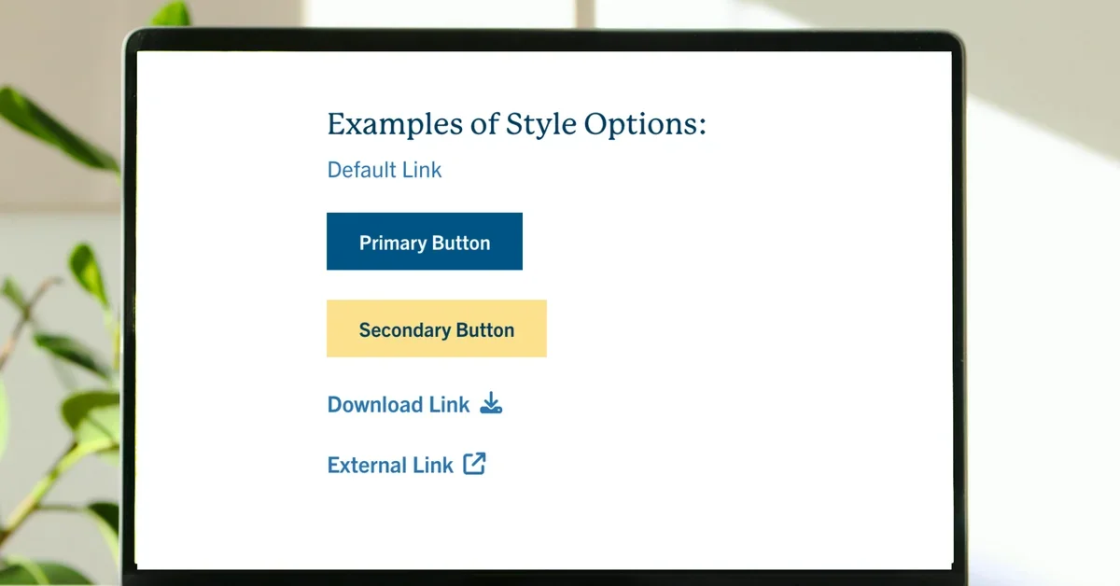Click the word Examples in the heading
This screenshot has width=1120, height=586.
click(x=395, y=124)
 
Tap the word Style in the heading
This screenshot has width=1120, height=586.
click(x=541, y=125)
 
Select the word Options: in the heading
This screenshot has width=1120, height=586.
click(x=645, y=125)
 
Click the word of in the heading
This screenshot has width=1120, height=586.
click(x=484, y=123)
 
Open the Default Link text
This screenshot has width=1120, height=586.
click(x=385, y=170)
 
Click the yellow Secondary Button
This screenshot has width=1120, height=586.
click(x=437, y=328)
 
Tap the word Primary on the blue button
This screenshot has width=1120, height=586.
click(x=393, y=244)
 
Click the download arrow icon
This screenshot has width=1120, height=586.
click(x=491, y=403)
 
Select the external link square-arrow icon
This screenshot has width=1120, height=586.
click(x=474, y=464)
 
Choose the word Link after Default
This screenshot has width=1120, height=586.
click(x=422, y=170)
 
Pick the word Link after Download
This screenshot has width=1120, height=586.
click(x=450, y=404)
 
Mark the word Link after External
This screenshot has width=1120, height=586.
click(x=433, y=465)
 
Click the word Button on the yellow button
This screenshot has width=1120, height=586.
click(x=485, y=330)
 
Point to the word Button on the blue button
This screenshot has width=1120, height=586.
click(x=461, y=243)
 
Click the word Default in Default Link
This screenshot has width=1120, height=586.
click(x=362, y=170)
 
